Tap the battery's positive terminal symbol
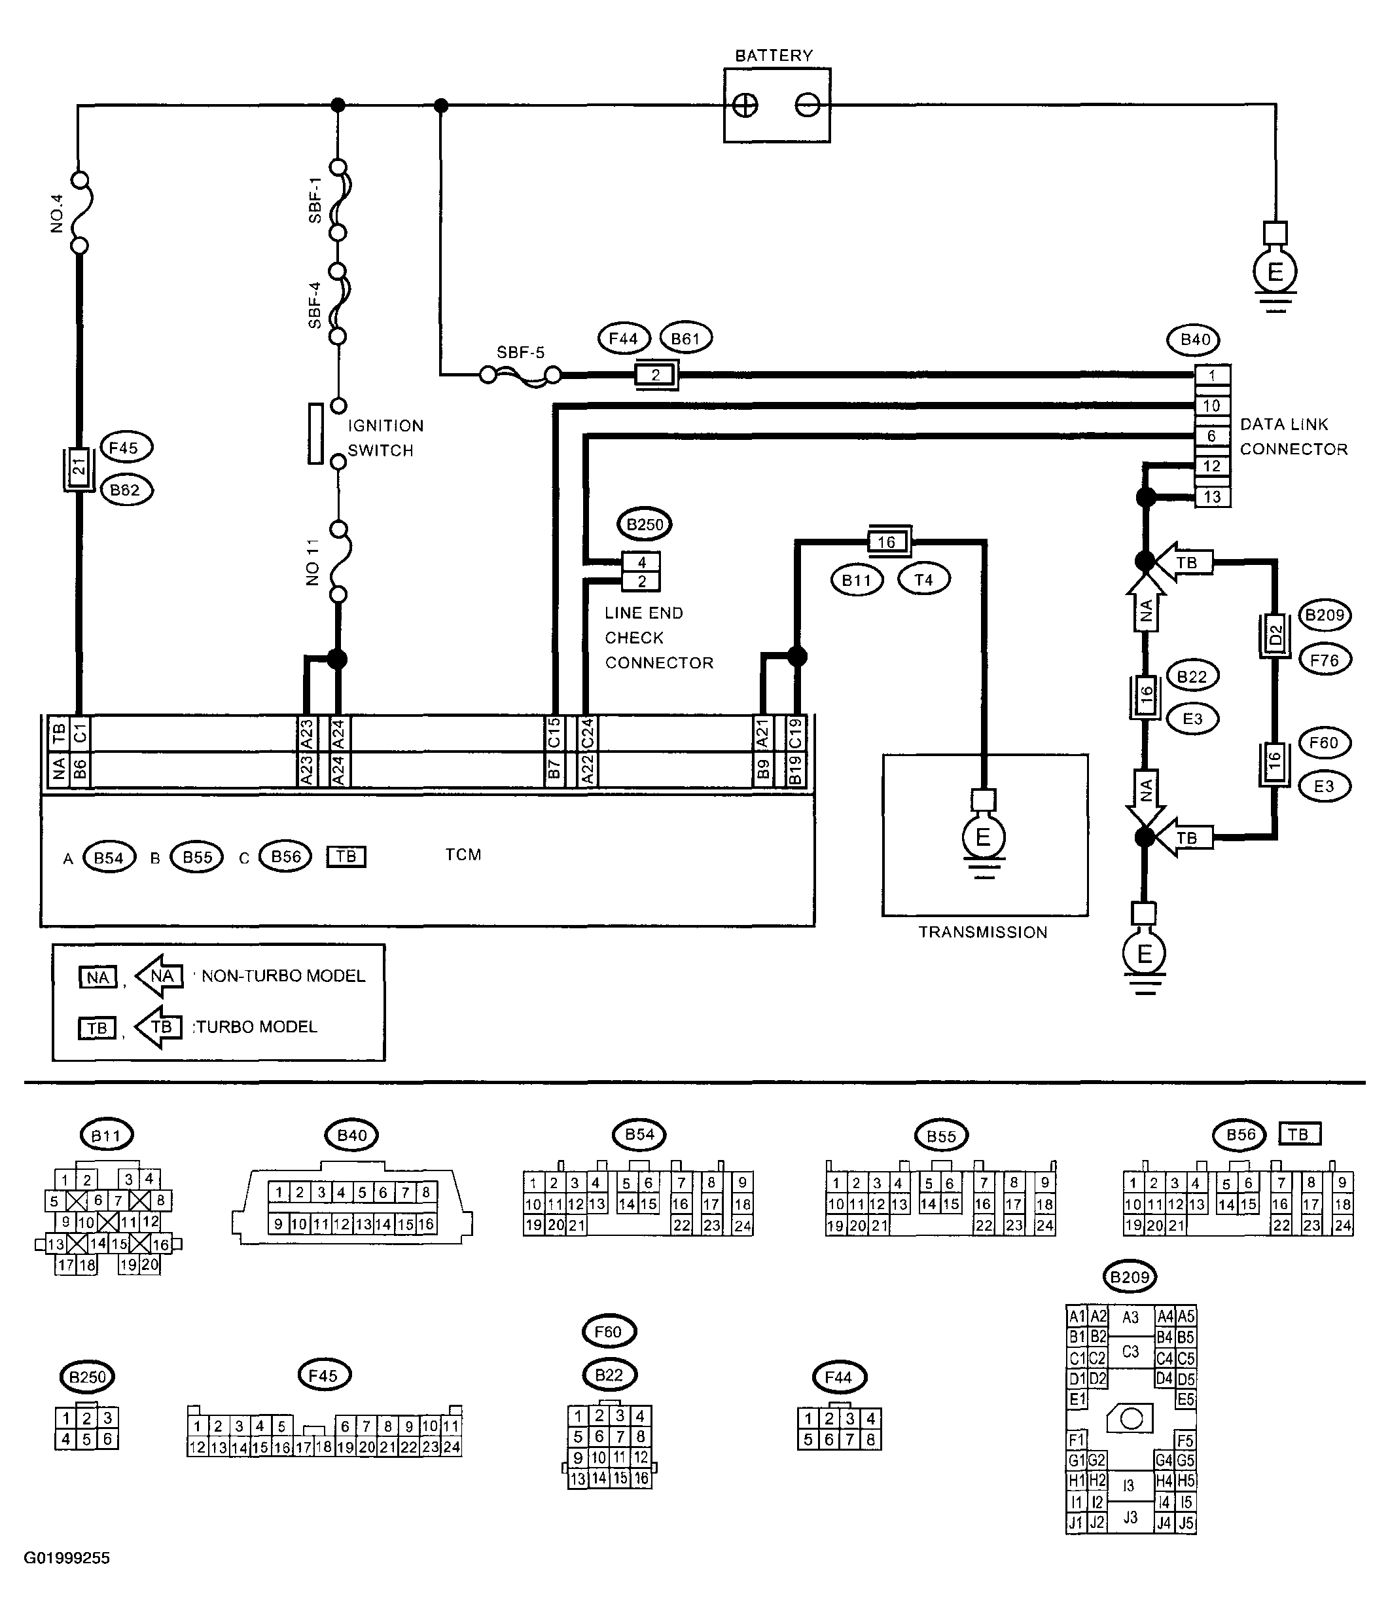(745, 105)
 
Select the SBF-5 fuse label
(521, 352)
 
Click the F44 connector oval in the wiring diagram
(624, 338)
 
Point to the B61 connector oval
(686, 338)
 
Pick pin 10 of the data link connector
(1212, 406)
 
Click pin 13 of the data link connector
(1212, 497)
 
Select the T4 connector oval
(924, 580)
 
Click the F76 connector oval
(1325, 660)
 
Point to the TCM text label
(463, 855)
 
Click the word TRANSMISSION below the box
(983, 933)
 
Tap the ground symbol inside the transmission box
(984, 837)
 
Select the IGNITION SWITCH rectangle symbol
(315, 433)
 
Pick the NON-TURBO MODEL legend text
(283, 976)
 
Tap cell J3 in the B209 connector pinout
(1130, 1517)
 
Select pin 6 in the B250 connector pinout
(108, 1440)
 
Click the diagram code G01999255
(67, 1558)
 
